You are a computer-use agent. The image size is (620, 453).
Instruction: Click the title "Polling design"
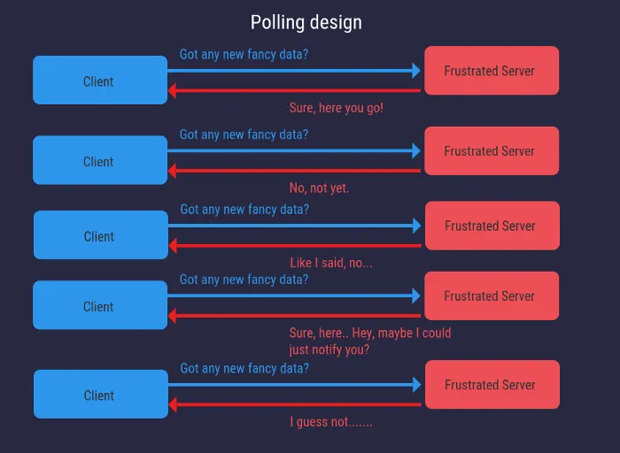[x=306, y=22]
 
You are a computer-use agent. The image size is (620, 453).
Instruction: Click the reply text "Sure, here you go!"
[x=336, y=108]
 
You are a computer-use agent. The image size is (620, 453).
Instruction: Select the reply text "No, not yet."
[x=319, y=188]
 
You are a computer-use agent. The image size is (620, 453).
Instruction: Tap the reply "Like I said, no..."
[x=331, y=263]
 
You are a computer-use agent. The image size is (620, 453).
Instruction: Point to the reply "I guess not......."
[x=331, y=422]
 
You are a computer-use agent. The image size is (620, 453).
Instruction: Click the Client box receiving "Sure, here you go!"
[x=100, y=81]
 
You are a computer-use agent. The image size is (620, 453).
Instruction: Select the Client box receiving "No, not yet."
[x=100, y=160]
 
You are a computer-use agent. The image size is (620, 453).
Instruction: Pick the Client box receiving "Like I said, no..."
[x=100, y=235]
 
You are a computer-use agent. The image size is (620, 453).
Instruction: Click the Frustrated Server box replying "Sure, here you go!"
[x=492, y=71]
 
